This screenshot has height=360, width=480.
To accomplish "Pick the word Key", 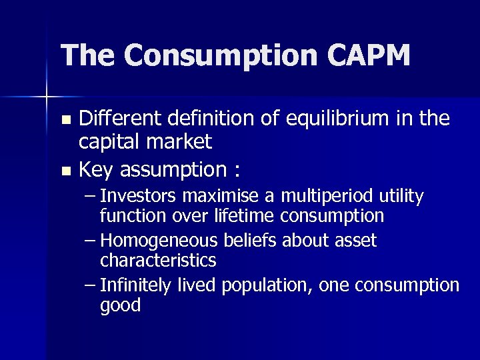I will coord(97,170).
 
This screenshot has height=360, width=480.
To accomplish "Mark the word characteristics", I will coord(158,259).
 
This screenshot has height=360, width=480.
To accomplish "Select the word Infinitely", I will coord(135,285).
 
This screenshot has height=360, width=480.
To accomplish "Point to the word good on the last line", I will coord(120,306).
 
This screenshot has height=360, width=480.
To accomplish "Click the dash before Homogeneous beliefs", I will coord(91,240).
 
